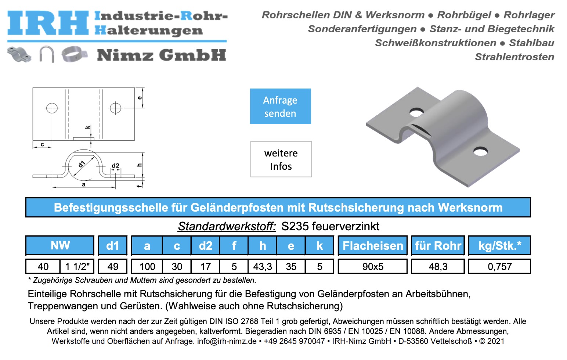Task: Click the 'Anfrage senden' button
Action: (x=280, y=107)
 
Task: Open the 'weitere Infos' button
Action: (x=281, y=159)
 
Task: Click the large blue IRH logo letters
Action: (x=48, y=23)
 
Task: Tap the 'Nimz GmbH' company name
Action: (x=161, y=55)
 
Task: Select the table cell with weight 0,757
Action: (x=499, y=267)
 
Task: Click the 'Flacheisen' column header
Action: (x=372, y=246)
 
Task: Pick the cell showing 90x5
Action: (x=372, y=267)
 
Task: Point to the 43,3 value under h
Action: (x=262, y=267)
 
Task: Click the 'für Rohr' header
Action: (x=438, y=246)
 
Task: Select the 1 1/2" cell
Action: (x=77, y=267)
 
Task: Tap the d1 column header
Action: (x=113, y=246)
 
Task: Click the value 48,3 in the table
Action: (x=438, y=267)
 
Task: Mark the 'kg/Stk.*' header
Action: (x=499, y=246)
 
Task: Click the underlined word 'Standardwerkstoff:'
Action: (x=227, y=226)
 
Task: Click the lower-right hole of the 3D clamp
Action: (x=480, y=151)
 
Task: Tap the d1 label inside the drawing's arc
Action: (x=82, y=164)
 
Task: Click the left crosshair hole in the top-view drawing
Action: (x=52, y=108)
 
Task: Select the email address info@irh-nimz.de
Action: (x=227, y=341)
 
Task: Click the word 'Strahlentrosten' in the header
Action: (x=514, y=57)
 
